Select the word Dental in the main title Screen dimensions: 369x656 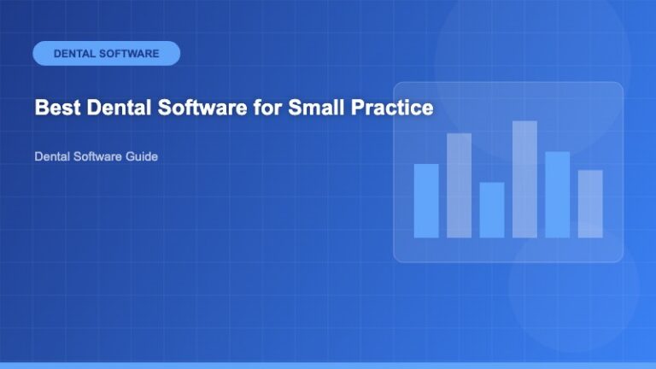109,108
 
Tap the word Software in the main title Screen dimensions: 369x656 190,108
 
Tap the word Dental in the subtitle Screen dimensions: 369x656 52,157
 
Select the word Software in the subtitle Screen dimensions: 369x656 98,157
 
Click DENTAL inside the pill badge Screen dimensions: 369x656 75,53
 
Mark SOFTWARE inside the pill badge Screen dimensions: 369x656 129,53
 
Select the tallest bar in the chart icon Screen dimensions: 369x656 524,179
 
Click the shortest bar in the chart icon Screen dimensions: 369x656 491,209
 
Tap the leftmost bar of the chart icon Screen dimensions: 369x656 425,200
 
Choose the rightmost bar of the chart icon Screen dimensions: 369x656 590,203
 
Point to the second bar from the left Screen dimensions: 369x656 459,184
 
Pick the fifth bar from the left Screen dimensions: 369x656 557,194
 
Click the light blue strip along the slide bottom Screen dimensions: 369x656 328,366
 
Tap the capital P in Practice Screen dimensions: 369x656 351,108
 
